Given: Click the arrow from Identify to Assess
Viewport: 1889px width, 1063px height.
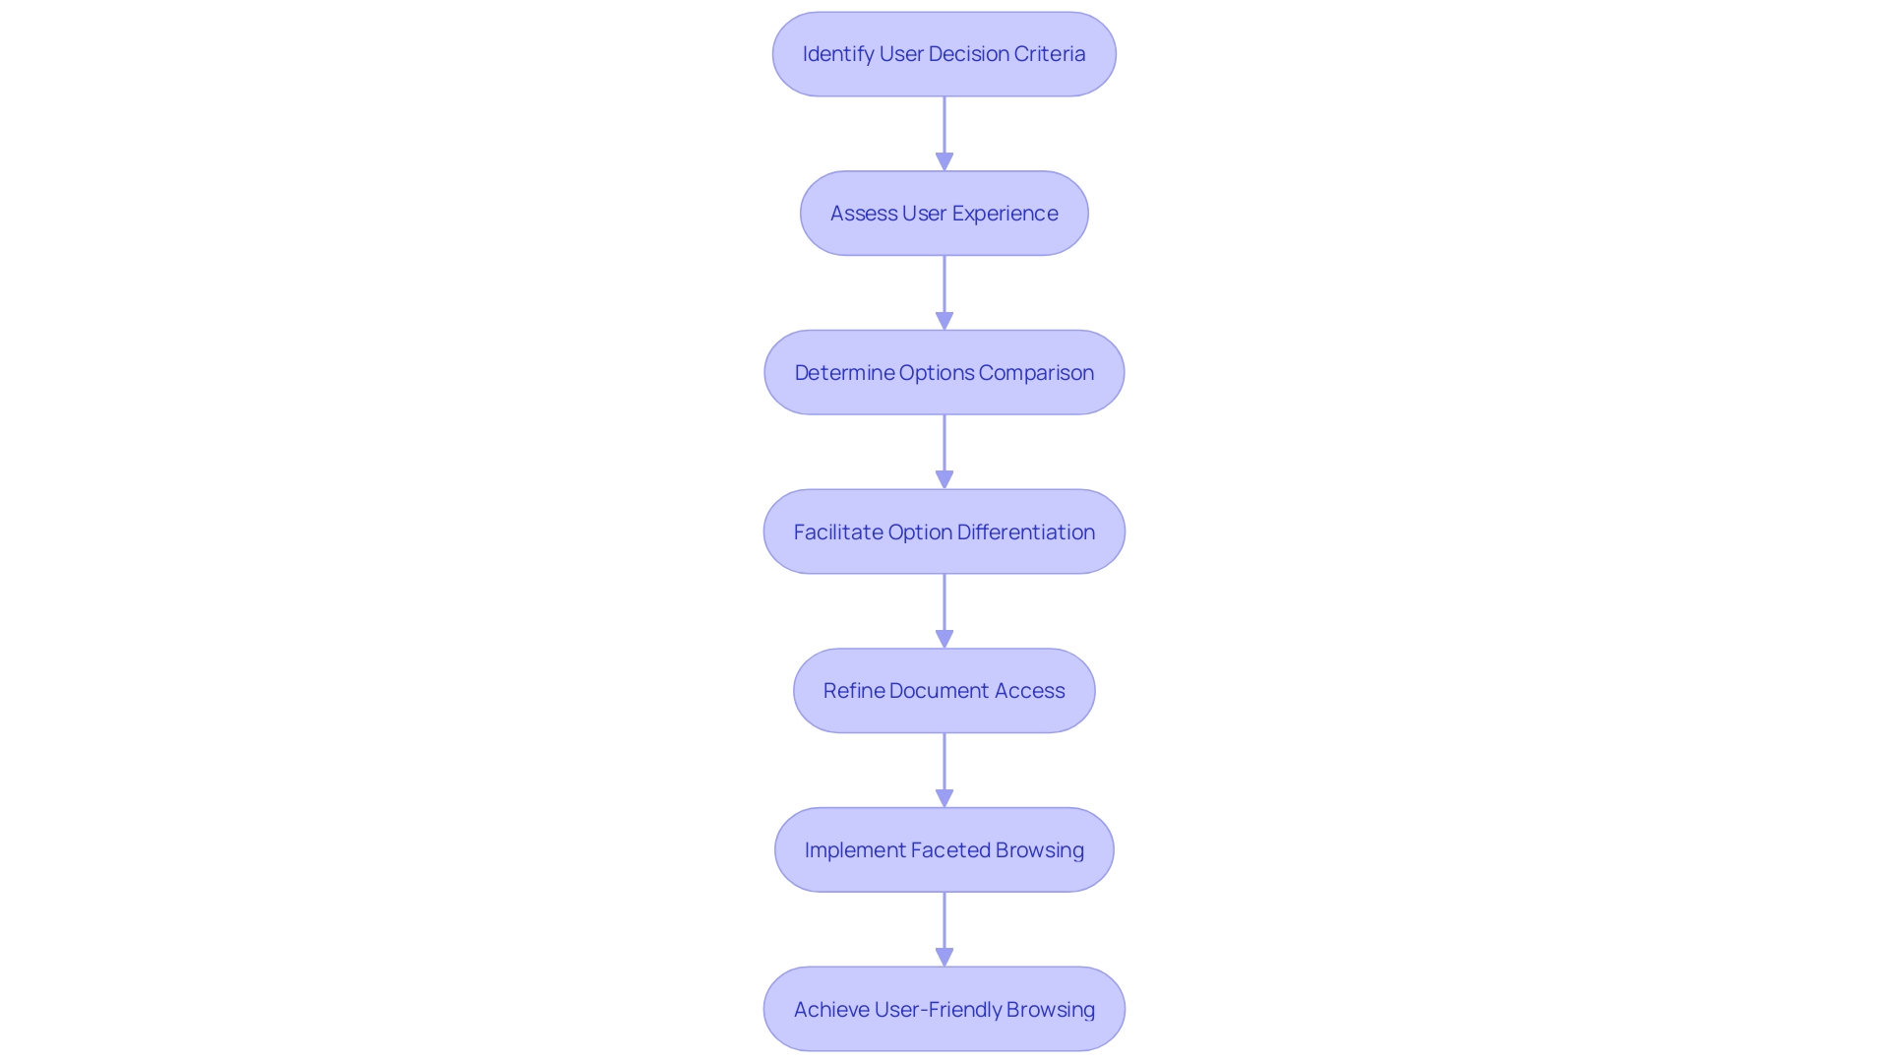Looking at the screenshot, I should click(x=944, y=133).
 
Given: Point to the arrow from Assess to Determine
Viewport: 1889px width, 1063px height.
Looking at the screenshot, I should click(x=944, y=292).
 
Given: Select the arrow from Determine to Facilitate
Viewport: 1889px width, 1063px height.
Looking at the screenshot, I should click(x=944, y=452).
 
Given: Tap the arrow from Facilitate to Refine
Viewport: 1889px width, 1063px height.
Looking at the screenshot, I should click(x=944, y=610).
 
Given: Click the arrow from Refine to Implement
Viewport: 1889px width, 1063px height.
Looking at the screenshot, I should click(x=944, y=770).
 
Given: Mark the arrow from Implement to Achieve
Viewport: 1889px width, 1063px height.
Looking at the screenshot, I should click(x=944, y=929).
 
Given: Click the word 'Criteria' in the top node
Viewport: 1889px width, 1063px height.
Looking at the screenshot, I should click(x=1051, y=54).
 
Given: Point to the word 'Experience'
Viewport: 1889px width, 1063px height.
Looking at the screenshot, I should click(x=1005, y=214).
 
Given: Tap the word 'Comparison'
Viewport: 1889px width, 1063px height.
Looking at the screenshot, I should click(x=1036, y=373).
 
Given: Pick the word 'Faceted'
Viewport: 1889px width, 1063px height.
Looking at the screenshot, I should click(x=949, y=850).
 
